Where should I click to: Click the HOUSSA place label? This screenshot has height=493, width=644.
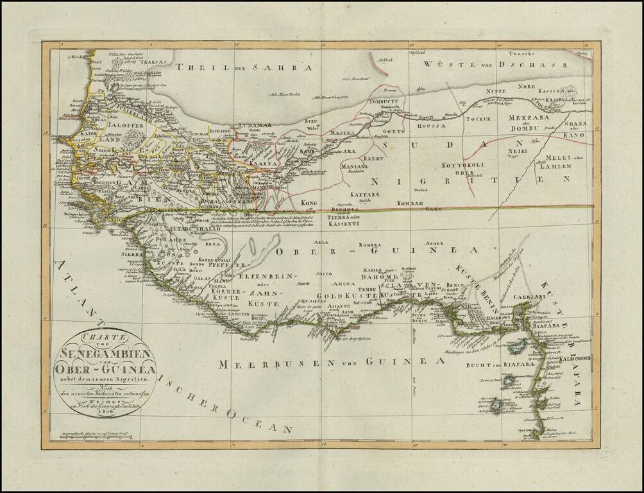coord(430,126)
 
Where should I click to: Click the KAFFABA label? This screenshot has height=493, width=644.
coord(364,193)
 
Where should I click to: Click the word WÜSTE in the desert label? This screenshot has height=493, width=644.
coord(446,65)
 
